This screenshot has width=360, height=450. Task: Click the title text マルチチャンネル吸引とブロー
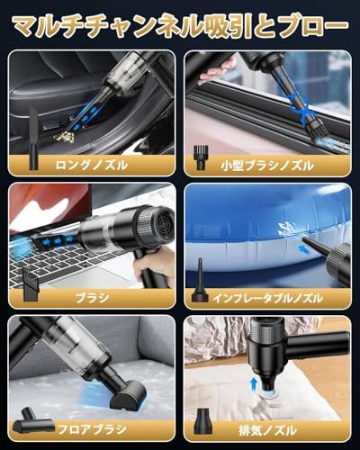pos(181,28)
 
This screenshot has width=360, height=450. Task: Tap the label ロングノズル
pos(92,166)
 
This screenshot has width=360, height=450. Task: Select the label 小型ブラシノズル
pos(267,166)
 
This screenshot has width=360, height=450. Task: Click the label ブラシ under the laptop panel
pos(92,298)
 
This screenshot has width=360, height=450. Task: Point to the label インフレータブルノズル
pos(267,298)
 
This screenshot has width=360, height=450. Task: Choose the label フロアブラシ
pos(92,429)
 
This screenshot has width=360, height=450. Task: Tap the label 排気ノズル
pos(267,431)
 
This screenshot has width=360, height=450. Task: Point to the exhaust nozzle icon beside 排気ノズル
pos(205,420)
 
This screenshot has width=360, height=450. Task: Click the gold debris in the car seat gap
pos(64,138)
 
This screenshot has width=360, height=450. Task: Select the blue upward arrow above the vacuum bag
pos(254,383)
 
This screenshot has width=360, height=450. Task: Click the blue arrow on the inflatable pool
pos(304,248)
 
